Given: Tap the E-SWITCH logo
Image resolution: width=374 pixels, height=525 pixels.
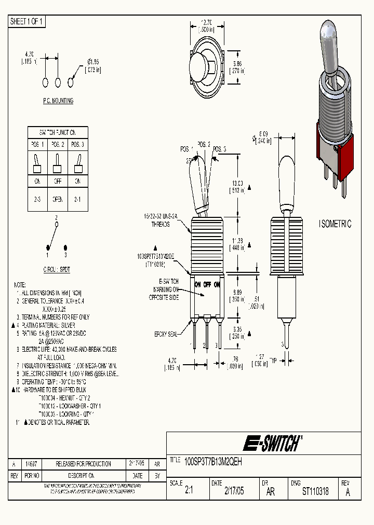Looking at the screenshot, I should (272, 444).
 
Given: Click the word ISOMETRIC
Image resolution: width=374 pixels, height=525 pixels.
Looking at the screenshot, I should (335, 224).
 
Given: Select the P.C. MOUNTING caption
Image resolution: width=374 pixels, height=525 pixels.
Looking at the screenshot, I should (58, 101).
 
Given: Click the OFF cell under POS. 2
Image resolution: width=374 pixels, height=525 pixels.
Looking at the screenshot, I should (58, 182).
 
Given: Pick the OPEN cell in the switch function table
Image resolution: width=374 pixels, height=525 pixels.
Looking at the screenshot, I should (58, 199).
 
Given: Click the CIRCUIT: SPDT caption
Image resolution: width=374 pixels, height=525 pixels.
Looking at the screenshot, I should (57, 270).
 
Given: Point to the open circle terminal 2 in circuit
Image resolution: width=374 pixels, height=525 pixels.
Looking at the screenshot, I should (57, 225).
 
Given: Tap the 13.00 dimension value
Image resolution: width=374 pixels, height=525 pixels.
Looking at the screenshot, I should (237, 183).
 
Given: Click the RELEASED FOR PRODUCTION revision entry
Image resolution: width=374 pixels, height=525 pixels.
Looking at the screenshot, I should (83, 464).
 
